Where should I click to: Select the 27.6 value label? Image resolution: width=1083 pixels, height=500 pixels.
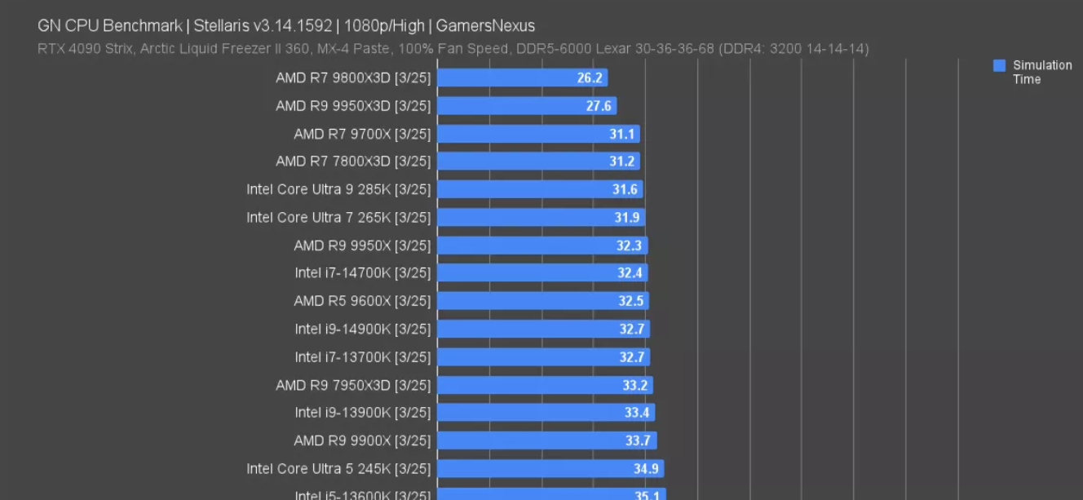click(599, 106)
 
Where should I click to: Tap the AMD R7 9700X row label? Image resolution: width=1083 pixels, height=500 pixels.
click(362, 134)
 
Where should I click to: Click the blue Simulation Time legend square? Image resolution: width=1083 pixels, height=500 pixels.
click(999, 66)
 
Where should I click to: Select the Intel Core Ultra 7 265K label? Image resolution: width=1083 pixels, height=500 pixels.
click(338, 218)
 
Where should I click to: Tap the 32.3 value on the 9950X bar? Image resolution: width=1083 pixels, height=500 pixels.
click(630, 246)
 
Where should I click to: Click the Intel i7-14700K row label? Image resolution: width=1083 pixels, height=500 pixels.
click(363, 273)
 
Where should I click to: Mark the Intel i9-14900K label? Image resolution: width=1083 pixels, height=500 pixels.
click(363, 330)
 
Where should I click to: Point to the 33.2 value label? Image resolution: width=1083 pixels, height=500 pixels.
click(634, 385)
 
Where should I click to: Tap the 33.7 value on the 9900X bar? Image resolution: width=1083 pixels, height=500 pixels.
click(638, 441)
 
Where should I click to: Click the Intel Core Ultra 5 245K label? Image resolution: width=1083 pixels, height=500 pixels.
click(338, 469)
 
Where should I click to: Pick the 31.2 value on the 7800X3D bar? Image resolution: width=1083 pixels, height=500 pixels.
click(621, 162)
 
